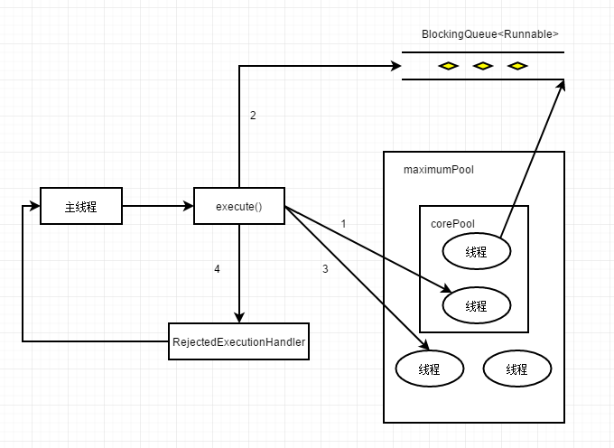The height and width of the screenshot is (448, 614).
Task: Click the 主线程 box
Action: pos(81,206)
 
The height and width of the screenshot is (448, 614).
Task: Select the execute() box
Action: pos(239,206)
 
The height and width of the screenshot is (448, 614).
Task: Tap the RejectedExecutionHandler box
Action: pos(239,341)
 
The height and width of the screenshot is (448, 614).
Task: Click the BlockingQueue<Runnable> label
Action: pos(490,34)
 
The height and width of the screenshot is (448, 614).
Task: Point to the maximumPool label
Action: pos(439,170)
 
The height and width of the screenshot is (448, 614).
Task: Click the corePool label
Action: pos(452,224)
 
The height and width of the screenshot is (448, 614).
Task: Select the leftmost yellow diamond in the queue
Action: pos(449,66)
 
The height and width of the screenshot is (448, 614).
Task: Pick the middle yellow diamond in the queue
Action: pos(483,66)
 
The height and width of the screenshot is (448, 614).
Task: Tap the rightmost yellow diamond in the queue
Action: pos(517,66)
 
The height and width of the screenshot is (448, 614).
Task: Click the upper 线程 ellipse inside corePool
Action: pos(477,251)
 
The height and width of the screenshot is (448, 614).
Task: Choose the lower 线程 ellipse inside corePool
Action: pos(477,305)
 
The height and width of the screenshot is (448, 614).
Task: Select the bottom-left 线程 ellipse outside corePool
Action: pos(430,369)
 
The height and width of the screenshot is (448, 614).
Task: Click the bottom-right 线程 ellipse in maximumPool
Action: pos(517,369)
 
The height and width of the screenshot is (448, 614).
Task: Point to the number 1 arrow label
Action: pos(343,224)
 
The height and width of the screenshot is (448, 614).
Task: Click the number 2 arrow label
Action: pos(253,115)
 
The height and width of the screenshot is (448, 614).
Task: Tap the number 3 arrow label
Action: pos(325,269)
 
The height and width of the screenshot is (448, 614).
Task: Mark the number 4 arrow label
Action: pos(217,269)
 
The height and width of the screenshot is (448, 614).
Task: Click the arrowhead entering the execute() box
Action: pos(189,206)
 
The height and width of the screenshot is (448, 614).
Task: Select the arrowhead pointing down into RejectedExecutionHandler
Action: pos(239,317)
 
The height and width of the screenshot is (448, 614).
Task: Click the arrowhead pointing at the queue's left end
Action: pos(395,66)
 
